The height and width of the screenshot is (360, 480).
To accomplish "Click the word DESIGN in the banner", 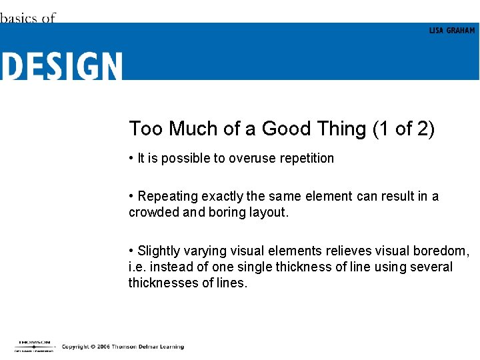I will (x=61, y=67).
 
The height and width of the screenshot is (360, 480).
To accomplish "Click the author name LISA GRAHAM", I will (x=452, y=31).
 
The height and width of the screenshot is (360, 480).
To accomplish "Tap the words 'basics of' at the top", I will (x=27, y=19).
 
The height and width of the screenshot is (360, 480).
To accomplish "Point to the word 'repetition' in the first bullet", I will (x=304, y=158).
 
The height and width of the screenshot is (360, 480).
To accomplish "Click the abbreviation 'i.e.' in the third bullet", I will (x=137, y=267).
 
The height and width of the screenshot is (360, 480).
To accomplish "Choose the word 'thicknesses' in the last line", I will (x=159, y=283).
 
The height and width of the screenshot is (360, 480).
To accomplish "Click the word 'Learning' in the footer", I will (x=171, y=347).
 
